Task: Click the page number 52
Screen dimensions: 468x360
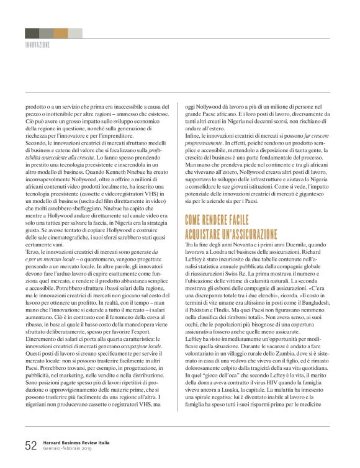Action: click(x=30, y=445)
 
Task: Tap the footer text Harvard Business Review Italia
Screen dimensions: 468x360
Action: click(x=76, y=443)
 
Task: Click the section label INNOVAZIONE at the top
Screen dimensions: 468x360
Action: click(x=37, y=45)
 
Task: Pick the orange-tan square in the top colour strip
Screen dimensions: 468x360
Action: click(x=61, y=33)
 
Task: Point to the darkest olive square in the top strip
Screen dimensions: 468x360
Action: click(x=32, y=33)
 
